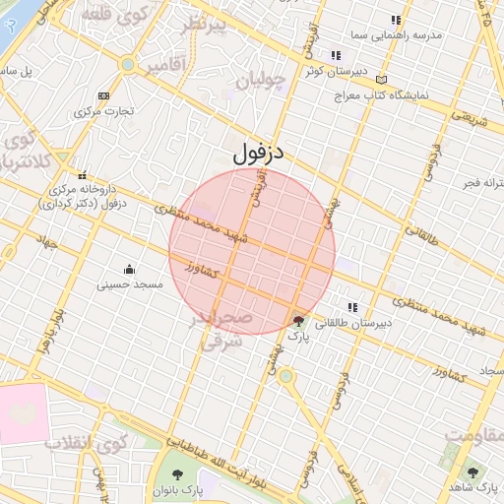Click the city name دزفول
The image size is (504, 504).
(x=260, y=155)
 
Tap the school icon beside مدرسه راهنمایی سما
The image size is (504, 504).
(x=396, y=20)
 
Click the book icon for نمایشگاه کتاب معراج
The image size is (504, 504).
(x=383, y=80)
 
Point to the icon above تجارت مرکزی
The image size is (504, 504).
(x=103, y=95)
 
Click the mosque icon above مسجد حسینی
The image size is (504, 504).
(x=129, y=269)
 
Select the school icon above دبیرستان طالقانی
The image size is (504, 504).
(x=352, y=307)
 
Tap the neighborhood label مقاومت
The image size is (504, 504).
(x=473, y=434)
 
